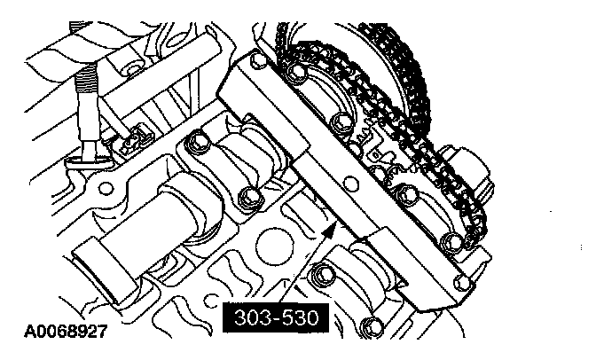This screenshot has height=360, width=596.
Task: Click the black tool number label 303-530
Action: [x=275, y=317]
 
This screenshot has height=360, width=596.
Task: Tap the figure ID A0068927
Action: [x=66, y=331]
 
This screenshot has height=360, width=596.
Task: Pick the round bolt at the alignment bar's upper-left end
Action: [x=258, y=59]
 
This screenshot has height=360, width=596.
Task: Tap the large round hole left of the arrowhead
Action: [x=274, y=247]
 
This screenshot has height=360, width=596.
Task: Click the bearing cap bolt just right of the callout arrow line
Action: [x=322, y=275]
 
